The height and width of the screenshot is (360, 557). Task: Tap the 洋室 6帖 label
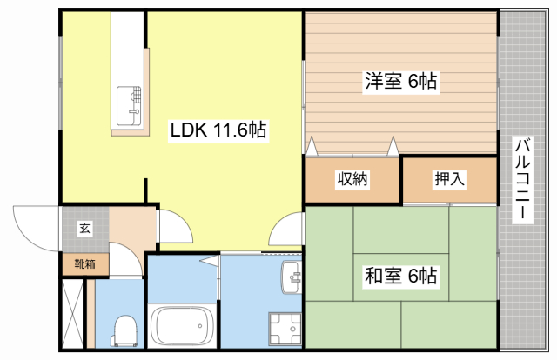(400, 83)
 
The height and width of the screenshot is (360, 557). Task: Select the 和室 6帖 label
(400, 277)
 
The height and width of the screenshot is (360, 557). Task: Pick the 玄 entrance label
(85, 229)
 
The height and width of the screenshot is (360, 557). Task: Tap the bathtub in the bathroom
(183, 326)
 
